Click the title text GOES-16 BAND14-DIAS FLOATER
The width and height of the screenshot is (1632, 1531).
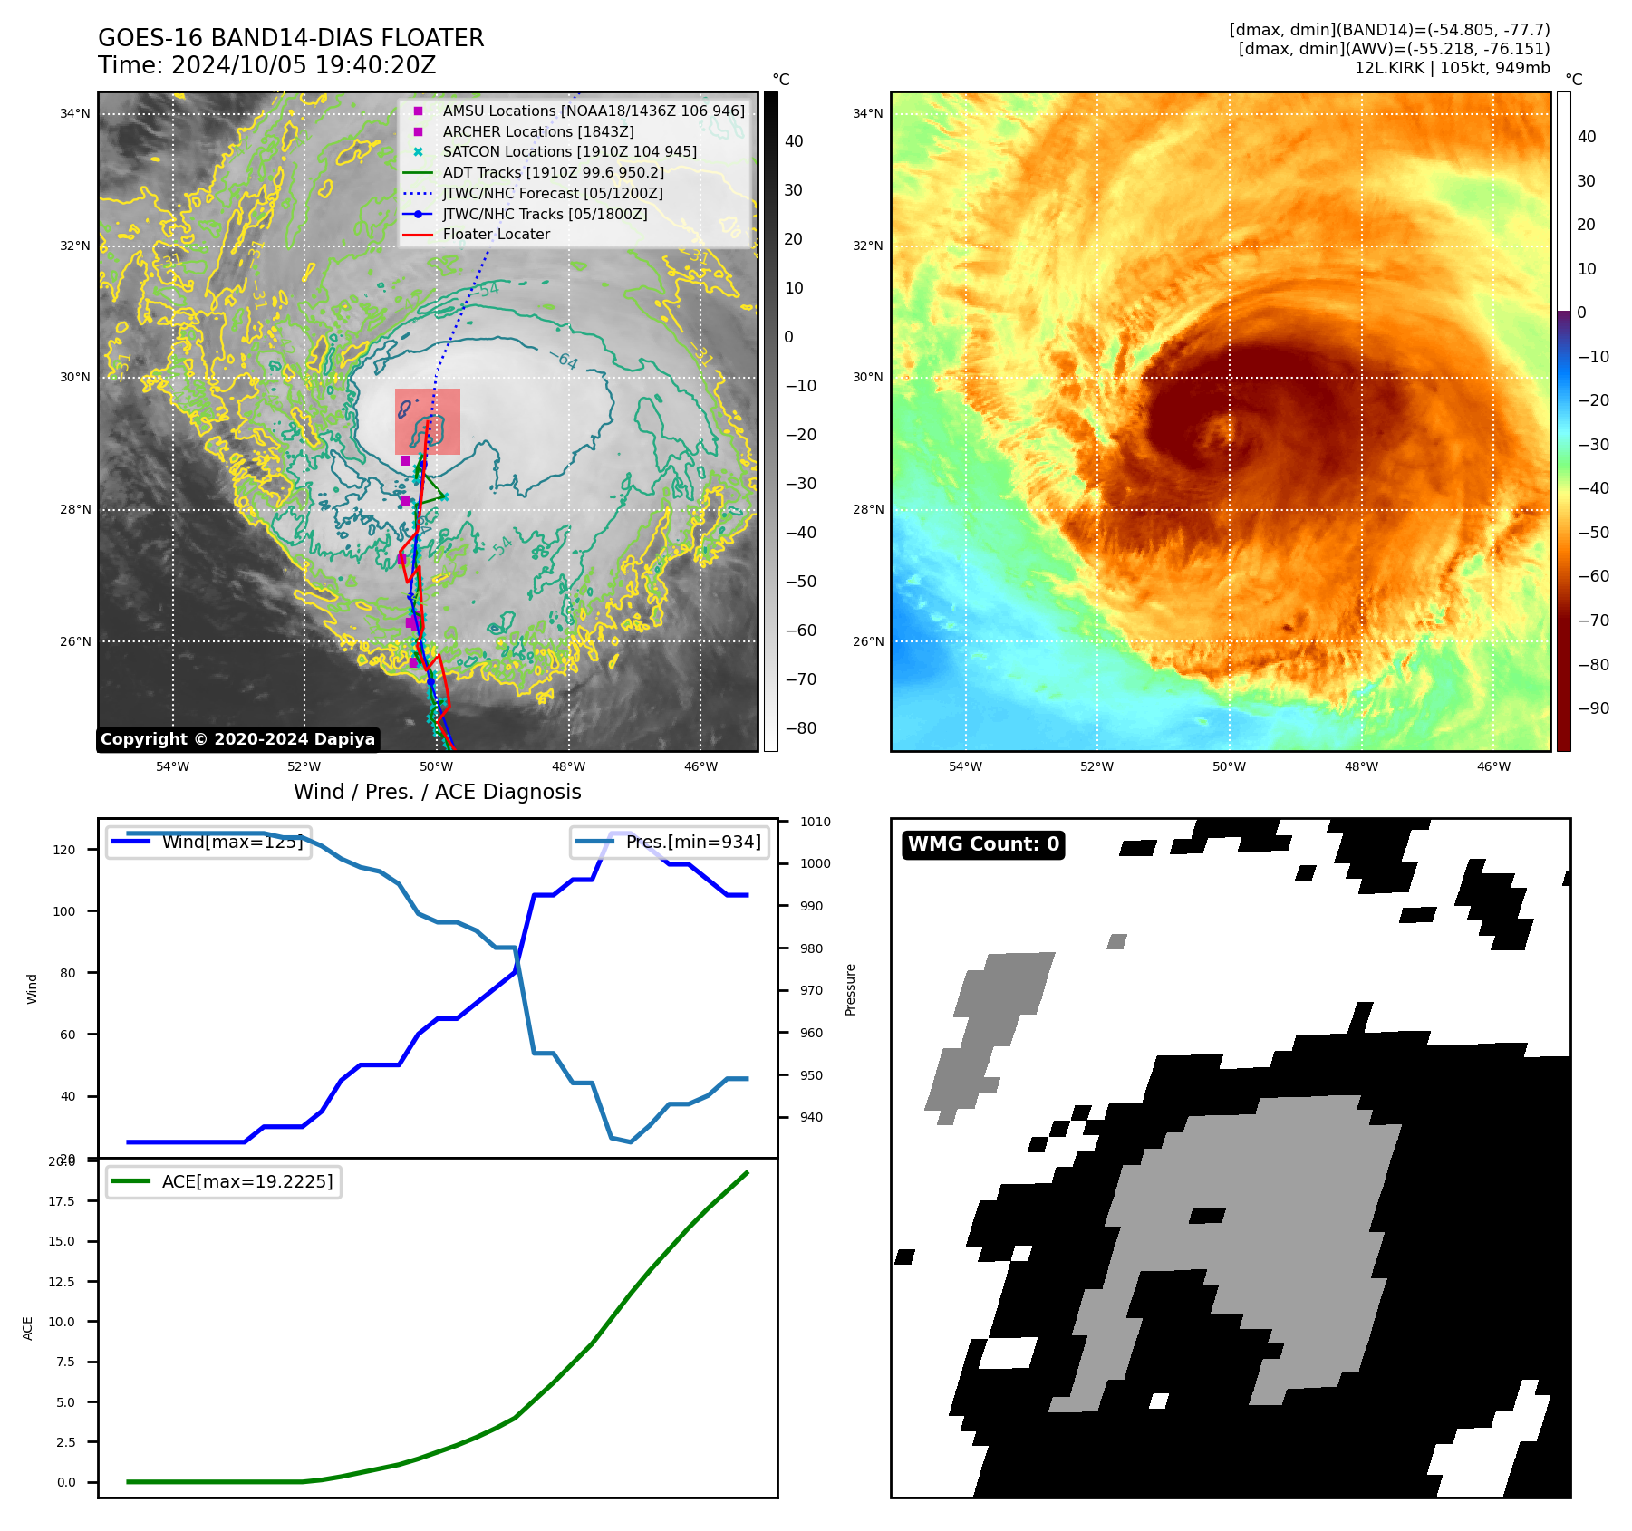[x=291, y=38]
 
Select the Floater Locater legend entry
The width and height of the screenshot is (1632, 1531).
[x=496, y=235]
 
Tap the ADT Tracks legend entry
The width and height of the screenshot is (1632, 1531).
[x=553, y=172]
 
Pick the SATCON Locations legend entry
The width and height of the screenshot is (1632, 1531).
[x=569, y=152]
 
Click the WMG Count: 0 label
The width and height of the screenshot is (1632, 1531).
[x=983, y=844]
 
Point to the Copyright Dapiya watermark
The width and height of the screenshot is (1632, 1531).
[x=237, y=739]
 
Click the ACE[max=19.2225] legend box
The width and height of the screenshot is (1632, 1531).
[x=223, y=1181]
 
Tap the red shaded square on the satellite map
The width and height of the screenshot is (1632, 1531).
[x=428, y=421]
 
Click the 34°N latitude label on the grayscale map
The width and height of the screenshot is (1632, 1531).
[x=75, y=114]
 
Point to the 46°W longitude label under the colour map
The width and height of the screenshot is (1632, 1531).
[x=1493, y=767]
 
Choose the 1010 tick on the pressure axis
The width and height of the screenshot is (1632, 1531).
[x=815, y=823]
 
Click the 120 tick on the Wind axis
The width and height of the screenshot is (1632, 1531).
[x=64, y=850]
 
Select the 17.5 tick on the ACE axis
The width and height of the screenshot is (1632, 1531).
[x=62, y=1201]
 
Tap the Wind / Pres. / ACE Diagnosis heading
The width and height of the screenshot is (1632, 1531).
[x=437, y=792]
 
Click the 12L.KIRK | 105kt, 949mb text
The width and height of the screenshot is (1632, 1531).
[x=1452, y=68]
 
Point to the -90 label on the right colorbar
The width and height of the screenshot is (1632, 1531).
[x=1593, y=708]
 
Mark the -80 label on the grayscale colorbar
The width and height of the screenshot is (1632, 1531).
[x=800, y=728]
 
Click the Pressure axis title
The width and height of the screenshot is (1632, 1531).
[x=850, y=989]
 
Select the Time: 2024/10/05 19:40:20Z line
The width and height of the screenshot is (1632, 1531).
[x=266, y=65]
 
